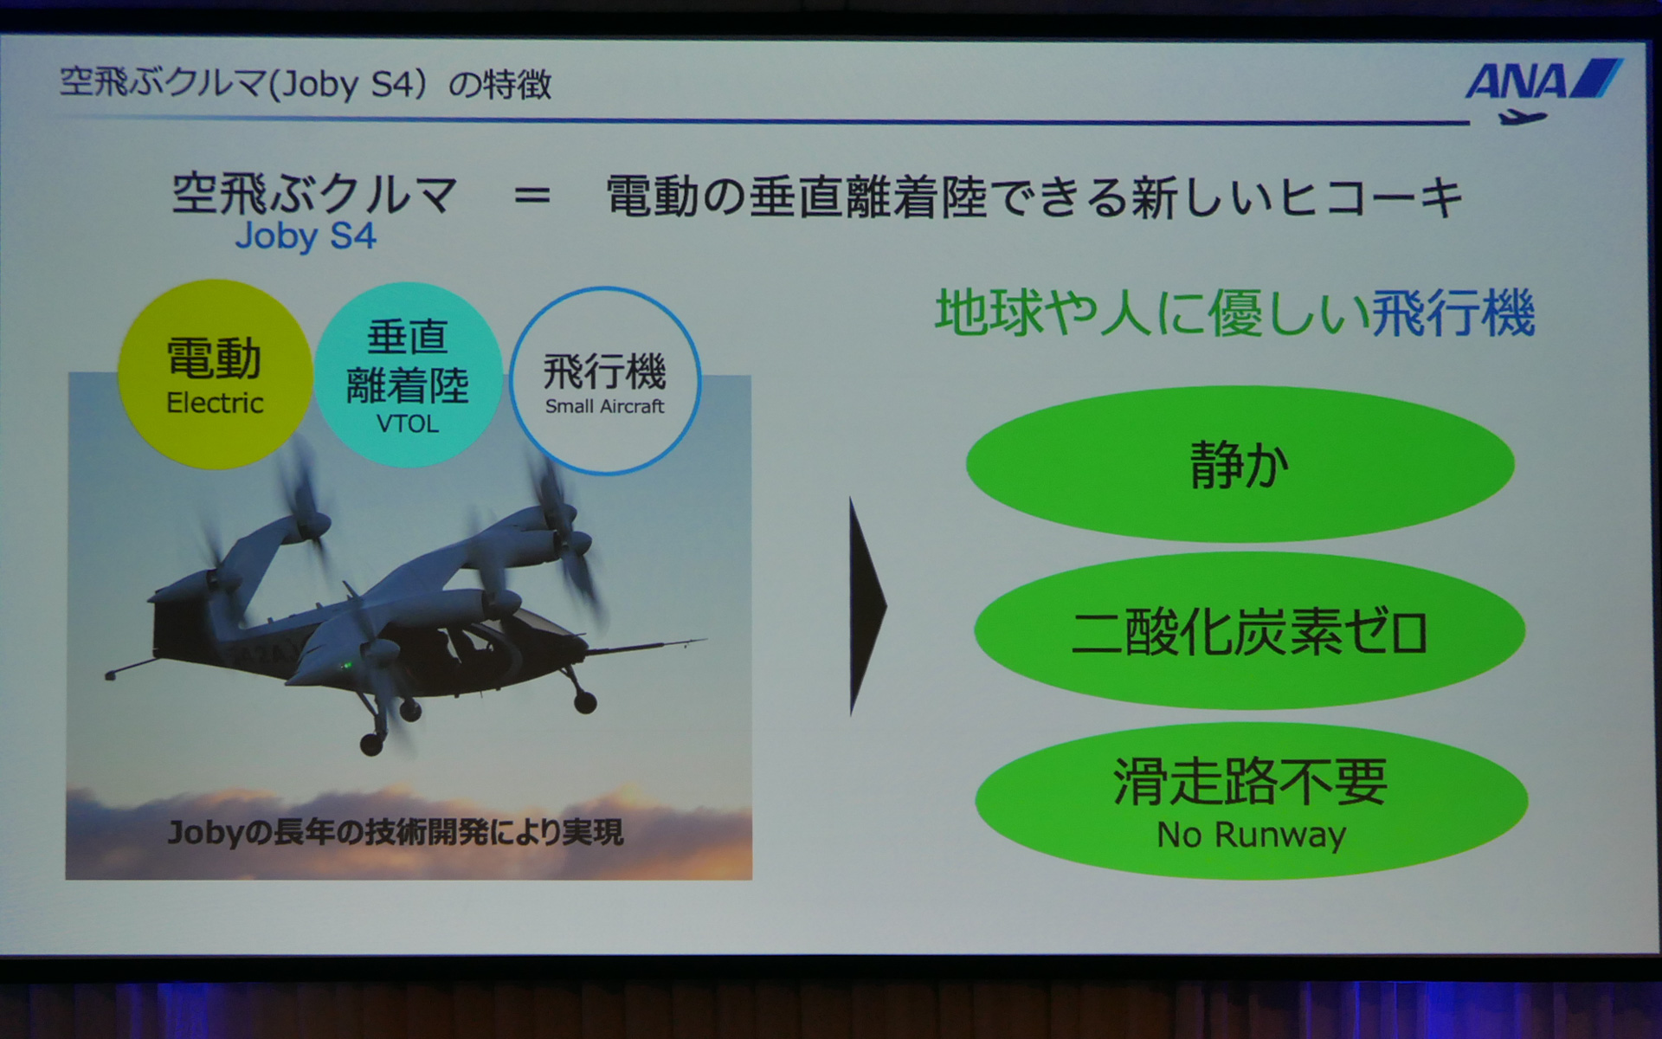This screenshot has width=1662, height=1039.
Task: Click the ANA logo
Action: pos(1542,81)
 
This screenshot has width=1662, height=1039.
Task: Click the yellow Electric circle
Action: pos(215,375)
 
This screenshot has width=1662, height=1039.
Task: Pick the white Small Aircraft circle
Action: pos(605,381)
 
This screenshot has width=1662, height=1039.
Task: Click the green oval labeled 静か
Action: pos(1240,465)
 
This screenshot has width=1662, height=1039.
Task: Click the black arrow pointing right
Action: pos(866,606)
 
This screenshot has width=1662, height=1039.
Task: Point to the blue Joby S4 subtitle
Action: pos(306,236)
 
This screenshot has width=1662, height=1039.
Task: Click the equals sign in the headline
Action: pos(531,197)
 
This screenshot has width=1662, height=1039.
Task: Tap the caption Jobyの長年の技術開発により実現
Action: pos(395,832)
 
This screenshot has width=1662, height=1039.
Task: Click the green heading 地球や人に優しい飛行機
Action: pos(1235,313)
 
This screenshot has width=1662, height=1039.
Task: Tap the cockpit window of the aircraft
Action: pos(472,645)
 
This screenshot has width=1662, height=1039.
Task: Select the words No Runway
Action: pos(1252,835)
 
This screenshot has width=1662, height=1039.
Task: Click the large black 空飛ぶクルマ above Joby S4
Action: pos(313,193)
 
